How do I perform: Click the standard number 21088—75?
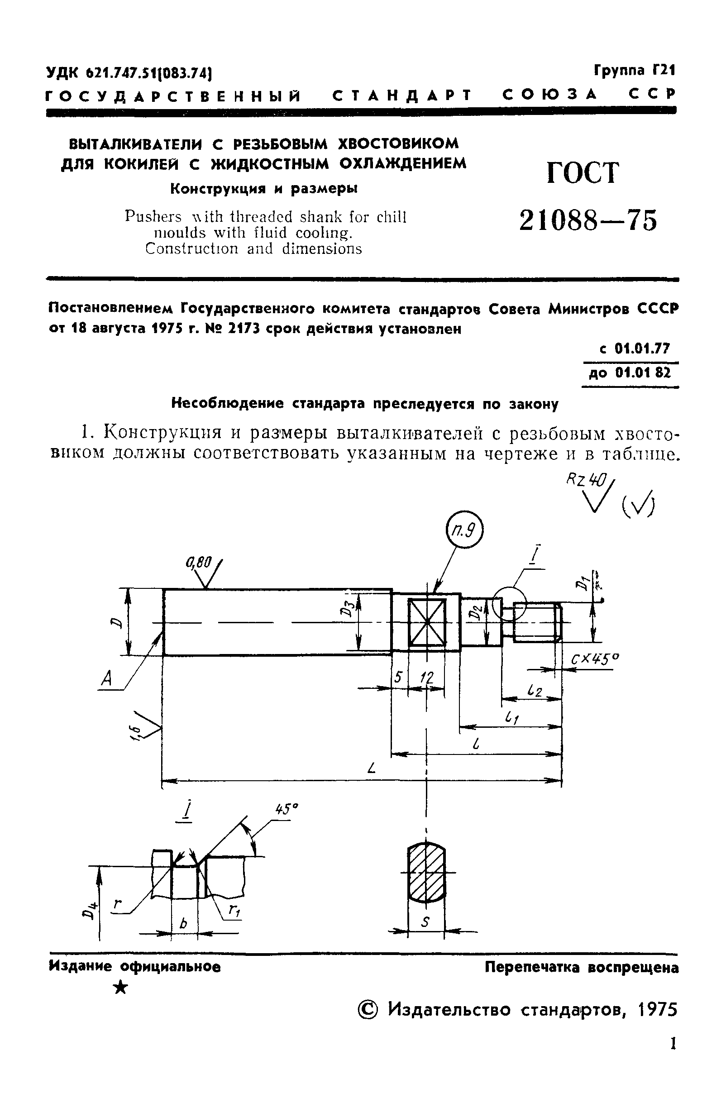click(x=588, y=220)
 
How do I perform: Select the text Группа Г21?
click(x=634, y=70)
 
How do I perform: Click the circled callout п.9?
click(x=464, y=532)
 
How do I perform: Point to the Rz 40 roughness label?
click(x=585, y=481)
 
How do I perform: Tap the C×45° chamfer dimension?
click(x=595, y=658)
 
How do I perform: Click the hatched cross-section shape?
click(x=426, y=873)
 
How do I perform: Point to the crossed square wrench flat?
click(x=427, y=623)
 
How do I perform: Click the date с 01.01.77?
click(x=634, y=348)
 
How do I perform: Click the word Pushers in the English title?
click(x=153, y=217)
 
